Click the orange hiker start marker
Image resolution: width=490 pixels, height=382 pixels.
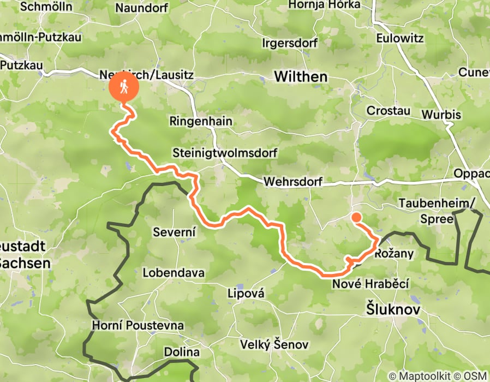[x=124, y=87]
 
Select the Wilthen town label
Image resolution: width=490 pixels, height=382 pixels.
[x=301, y=76]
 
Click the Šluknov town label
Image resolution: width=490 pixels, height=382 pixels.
[x=392, y=309]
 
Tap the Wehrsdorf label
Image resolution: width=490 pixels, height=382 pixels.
[x=292, y=182]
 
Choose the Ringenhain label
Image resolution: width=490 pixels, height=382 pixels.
[x=201, y=121]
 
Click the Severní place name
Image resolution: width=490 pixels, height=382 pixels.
[x=174, y=232]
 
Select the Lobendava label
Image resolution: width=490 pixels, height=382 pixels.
[x=174, y=272]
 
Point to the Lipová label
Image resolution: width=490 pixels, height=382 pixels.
[x=246, y=294]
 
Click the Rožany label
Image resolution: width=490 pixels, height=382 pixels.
[x=395, y=254]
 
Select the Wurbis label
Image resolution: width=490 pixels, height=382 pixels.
[x=441, y=115]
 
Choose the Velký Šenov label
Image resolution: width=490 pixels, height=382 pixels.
[x=274, y=345]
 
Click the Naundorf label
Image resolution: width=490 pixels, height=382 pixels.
[x=141, y=8]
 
